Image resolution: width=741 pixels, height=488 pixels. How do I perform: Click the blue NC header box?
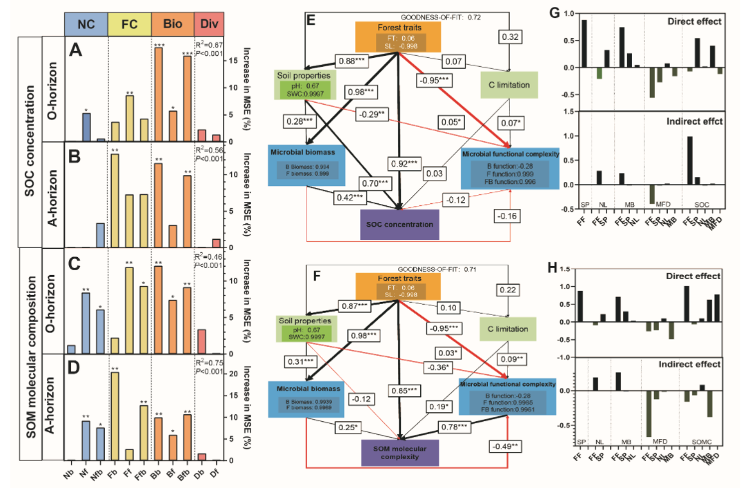point(86,24)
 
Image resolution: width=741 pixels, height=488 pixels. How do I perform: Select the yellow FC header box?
point(130,24)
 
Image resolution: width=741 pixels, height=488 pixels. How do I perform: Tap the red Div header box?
point(208,24)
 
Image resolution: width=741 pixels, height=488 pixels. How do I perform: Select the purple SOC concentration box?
point(399,224)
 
